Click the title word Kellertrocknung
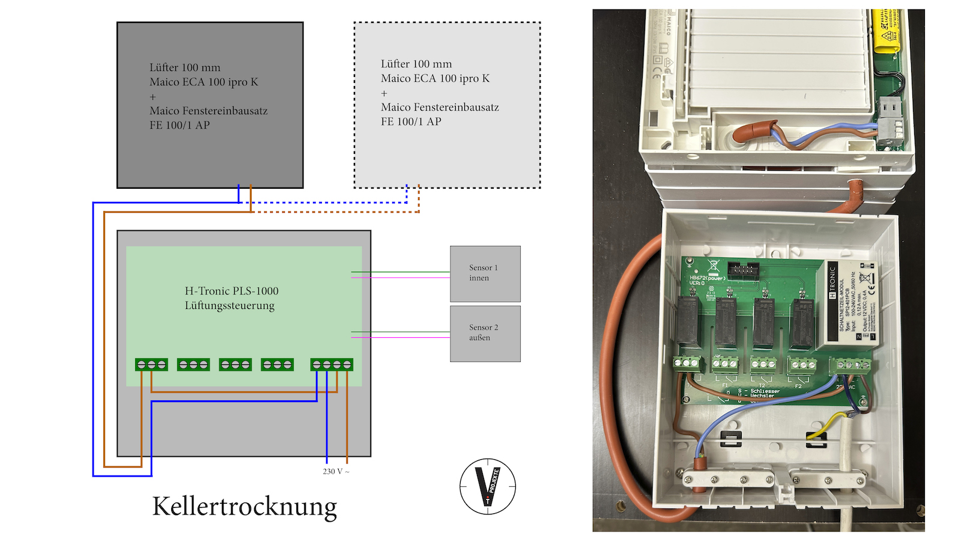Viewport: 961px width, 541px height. point(244,506)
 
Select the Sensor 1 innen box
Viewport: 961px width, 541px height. point(485,274)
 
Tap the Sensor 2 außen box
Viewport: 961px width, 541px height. point(485,334)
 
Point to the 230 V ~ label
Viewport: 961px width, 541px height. point(336,471)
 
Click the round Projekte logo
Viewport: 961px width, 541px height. point(487,486)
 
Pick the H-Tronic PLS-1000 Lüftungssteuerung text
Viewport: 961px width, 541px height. point(231,298)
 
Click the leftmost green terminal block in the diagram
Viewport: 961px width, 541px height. point(151,364)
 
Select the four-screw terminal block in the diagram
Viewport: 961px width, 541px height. point(332,364)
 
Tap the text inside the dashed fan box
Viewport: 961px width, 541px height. point(440,93)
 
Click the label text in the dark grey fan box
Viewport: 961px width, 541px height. point(208,96)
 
